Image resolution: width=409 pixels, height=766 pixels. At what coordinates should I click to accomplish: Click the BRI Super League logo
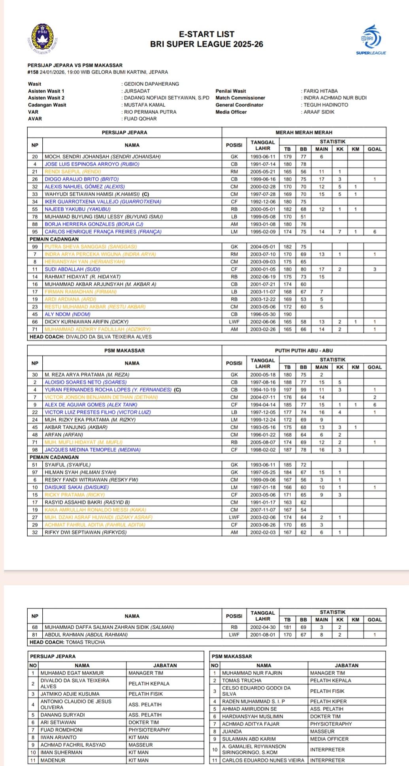click(371, 39)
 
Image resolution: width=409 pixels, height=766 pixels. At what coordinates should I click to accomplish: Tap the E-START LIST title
click(207, 34)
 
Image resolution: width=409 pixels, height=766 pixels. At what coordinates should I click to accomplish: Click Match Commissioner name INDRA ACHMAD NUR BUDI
click(335, 98)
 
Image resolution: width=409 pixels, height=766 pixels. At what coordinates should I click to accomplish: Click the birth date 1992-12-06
click(263, 202)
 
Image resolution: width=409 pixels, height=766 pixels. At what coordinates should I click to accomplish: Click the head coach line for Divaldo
click(91, 337)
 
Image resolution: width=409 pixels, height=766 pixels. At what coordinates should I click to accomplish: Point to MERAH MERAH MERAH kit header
click(303, 133)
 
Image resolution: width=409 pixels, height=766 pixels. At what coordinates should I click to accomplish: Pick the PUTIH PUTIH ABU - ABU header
click(303, 351)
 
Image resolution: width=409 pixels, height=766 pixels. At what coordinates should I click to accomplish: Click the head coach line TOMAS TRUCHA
click(68, 642)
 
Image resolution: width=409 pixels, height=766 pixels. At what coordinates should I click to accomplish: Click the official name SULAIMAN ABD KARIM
click(249, 739)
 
